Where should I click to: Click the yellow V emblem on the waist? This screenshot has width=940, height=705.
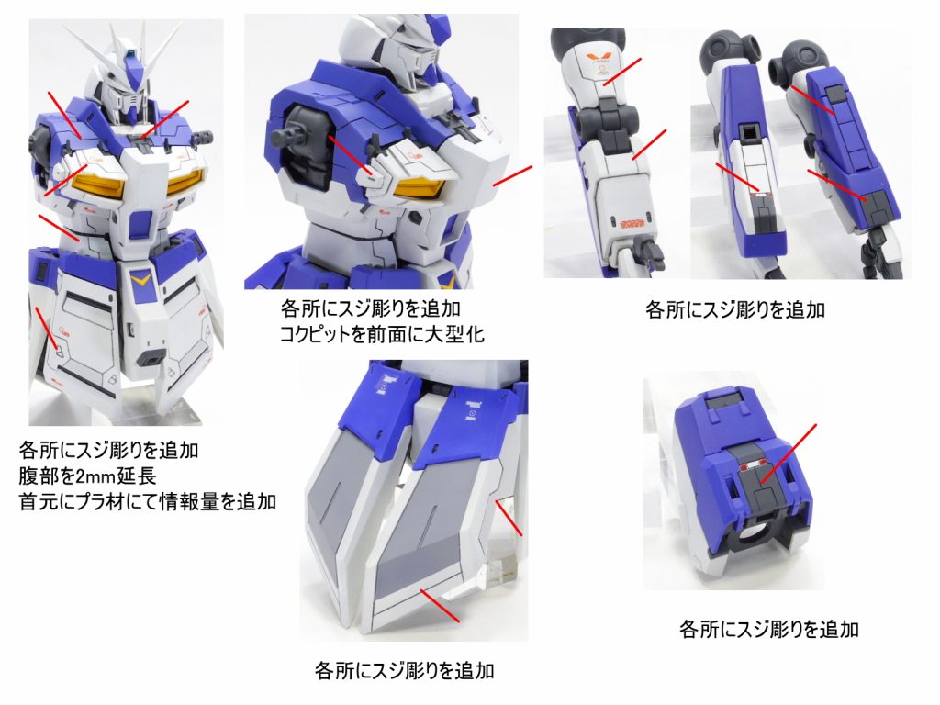141,278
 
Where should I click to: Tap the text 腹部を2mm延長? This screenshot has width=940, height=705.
88,476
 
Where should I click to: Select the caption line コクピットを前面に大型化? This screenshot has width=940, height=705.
382,333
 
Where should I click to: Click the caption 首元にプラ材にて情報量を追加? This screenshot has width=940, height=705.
148,502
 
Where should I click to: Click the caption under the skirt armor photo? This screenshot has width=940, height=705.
404,670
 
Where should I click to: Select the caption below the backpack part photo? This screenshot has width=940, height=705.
768,629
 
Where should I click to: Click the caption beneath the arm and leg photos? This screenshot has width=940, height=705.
735,309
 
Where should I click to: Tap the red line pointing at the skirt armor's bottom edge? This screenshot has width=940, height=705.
440,606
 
